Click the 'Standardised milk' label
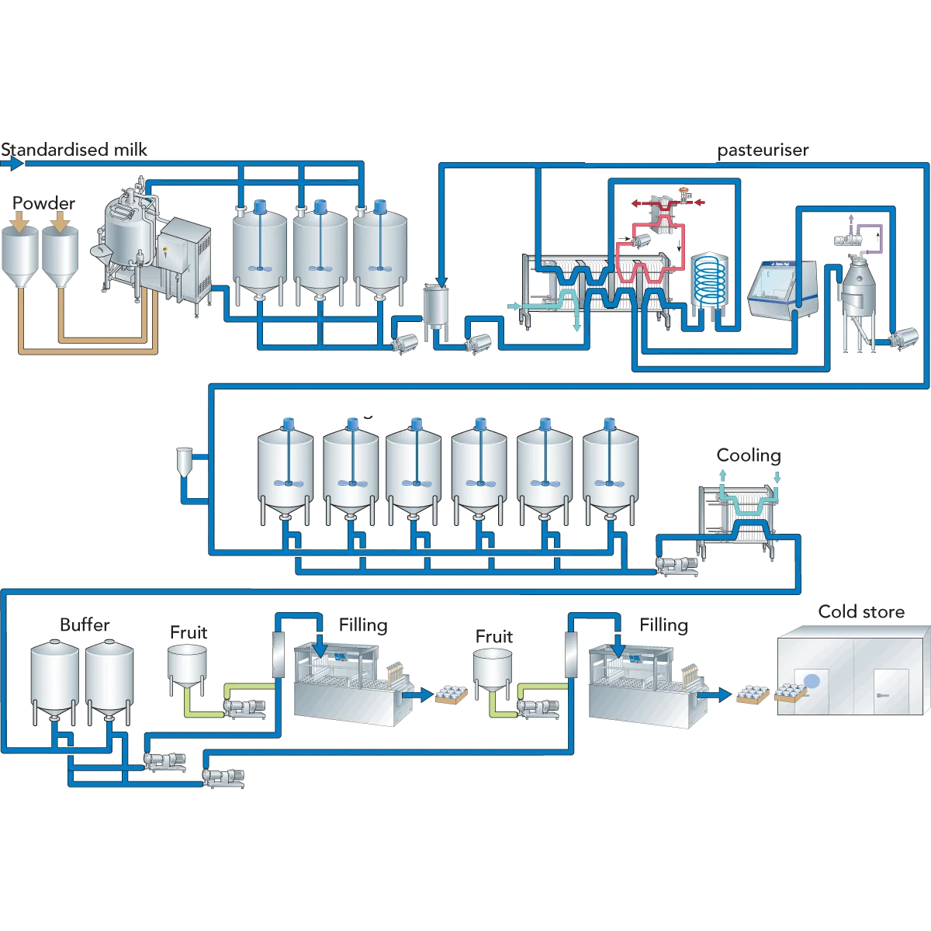74,150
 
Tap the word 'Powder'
43,203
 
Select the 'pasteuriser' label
763,151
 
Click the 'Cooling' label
749,455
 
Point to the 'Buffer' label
85,625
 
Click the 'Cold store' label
861,611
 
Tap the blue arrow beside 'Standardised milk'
12,164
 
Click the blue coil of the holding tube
709,282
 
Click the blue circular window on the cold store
812,682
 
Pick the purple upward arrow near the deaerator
851,223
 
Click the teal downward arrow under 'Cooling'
777,477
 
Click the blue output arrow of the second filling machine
715,694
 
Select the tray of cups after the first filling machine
452,694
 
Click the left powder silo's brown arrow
20,221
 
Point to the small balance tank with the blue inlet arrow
436,310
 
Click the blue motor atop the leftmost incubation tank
289,424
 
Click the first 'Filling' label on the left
363,625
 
